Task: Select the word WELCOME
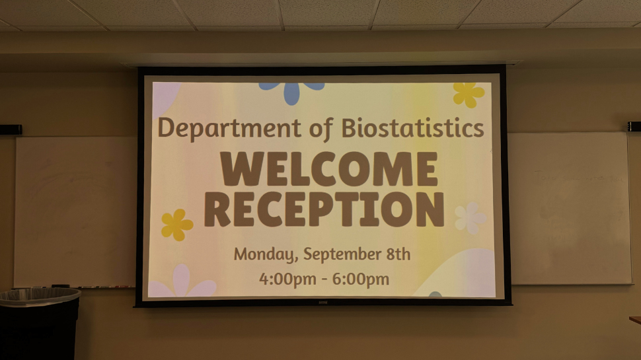click(328, 169)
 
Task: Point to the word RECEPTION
click(324, 209)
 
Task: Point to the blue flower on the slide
click(291, 90)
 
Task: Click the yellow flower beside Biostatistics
click(468, 94)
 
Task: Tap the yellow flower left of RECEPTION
click(176, 225)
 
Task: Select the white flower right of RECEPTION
click(469, 218)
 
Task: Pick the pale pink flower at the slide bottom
click(182, 284)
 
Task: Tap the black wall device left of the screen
click(10, 129)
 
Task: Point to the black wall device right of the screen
click(634, 126)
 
